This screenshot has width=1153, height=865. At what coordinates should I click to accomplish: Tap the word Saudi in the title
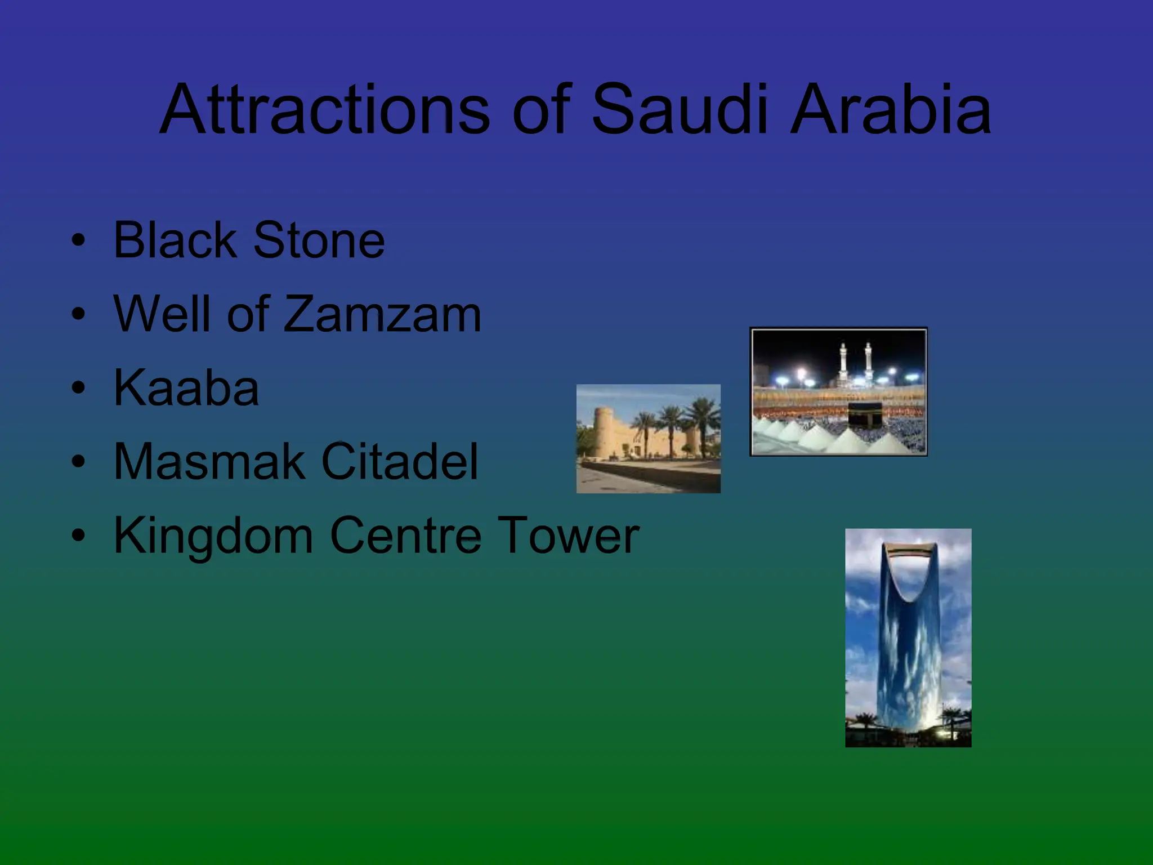click(x=679, y=110)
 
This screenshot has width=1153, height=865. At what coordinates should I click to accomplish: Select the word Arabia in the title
click(x=890, y=110)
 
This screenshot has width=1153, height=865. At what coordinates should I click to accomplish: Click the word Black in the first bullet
click(x=174, y=240)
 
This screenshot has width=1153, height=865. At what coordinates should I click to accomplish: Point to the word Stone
click(x=319, y=240)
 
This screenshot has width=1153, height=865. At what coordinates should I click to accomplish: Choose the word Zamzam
click(x=382, y=314)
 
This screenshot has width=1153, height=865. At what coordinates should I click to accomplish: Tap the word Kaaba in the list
click(x=186, y=388)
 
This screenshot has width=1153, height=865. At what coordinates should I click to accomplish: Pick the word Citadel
click(x=399, y=462)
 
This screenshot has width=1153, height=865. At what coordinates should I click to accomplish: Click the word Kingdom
click(x=213, y=536)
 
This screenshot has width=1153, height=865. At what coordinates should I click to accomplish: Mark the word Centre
click(x=405, y=536)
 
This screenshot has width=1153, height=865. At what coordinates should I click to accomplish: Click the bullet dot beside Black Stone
click(x=78, y=240)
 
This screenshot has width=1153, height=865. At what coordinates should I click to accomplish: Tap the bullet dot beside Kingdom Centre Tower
click(x=78, y=536)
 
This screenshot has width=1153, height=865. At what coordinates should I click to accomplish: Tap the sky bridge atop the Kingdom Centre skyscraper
click(x=909, y=549)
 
